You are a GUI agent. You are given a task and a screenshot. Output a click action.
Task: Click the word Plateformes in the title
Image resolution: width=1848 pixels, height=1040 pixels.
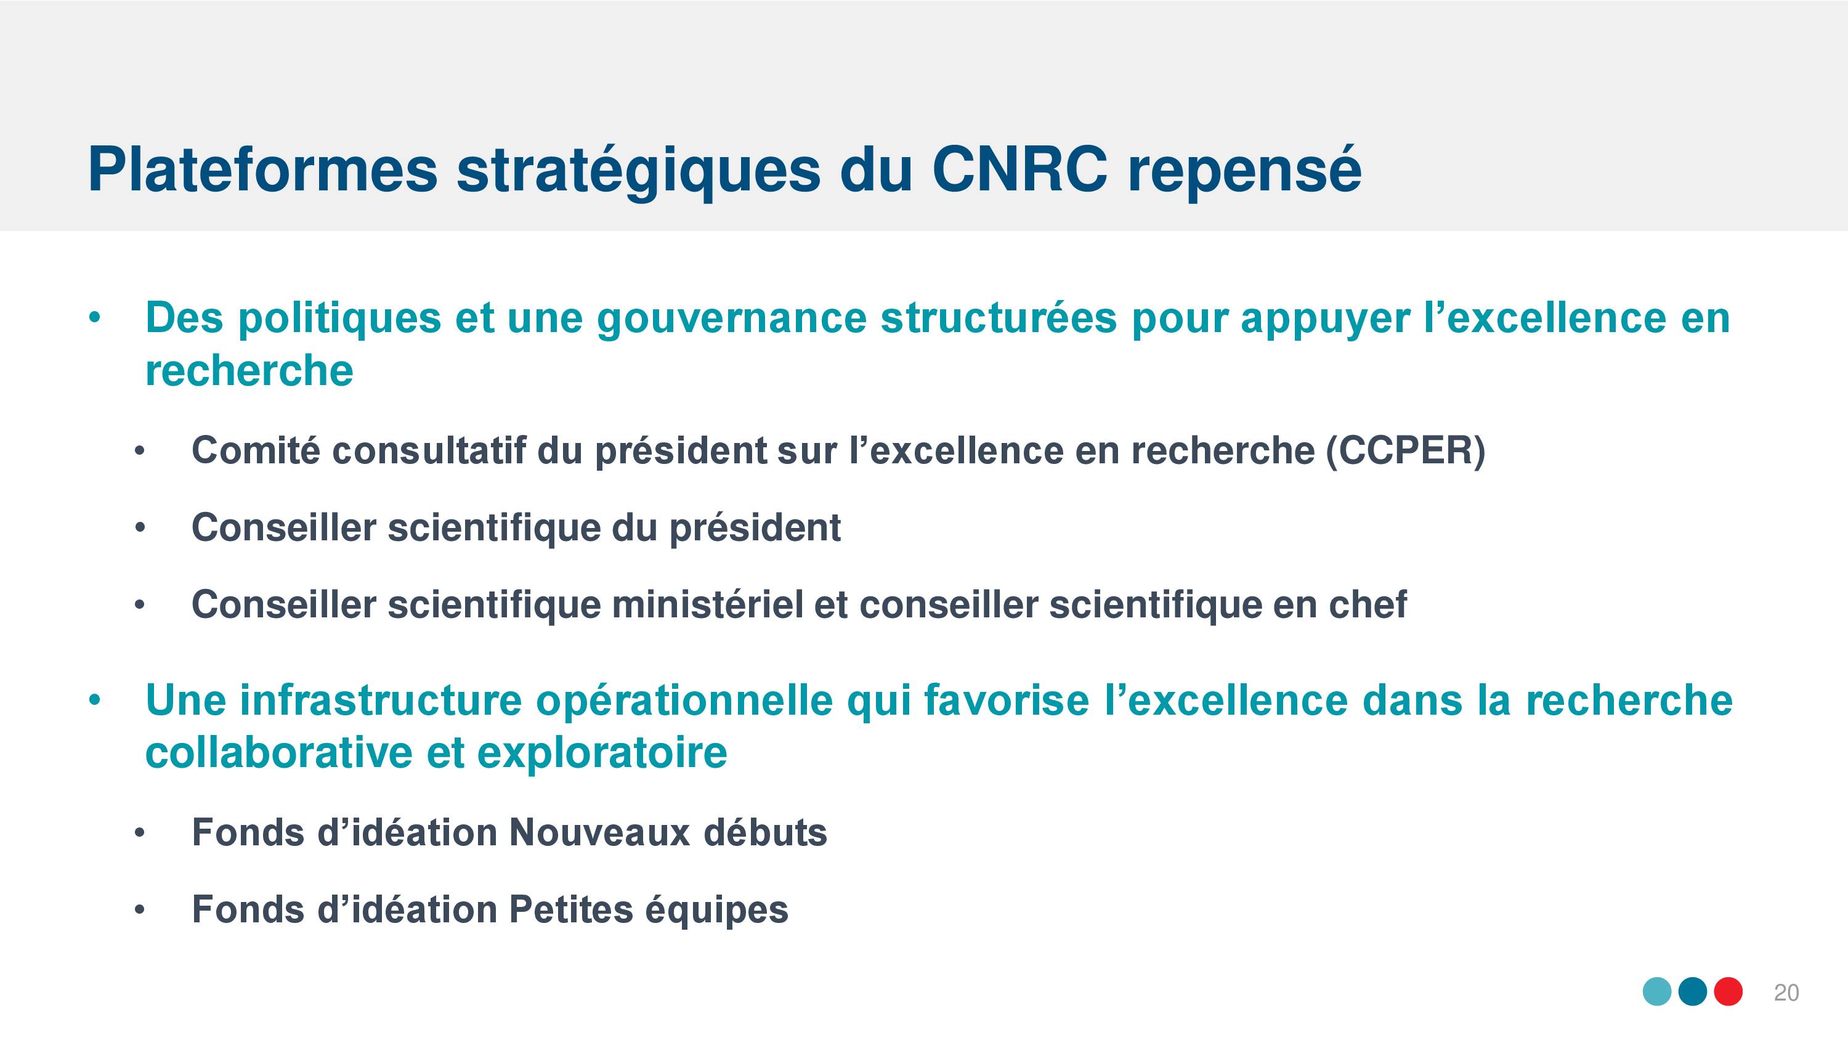(x=262, y=169)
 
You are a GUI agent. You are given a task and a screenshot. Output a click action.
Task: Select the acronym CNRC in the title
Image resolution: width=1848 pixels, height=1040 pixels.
(x=1019, y=169)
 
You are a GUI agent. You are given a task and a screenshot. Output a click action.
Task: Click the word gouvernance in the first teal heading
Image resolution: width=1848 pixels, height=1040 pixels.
(x=732, y=319)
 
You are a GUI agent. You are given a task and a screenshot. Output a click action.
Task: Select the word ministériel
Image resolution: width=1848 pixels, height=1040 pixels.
(x=707, y=604)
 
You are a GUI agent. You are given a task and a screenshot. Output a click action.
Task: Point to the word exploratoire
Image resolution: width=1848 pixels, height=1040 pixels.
(x=602, y=754)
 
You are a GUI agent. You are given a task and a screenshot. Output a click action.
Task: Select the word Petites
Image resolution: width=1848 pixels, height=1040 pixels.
(x=570, y=909)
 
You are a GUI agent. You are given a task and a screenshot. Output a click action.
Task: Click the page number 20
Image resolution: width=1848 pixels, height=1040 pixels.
(x=1786, y=993)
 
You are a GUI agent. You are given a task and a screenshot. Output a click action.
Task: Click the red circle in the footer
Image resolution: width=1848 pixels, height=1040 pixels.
(x=1728, y=992)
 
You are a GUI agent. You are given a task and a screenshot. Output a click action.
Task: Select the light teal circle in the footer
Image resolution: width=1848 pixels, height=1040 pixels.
(x=1657, y=992)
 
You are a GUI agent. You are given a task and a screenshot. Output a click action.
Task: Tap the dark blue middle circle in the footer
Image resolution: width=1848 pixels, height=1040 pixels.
(x=1693, y=992)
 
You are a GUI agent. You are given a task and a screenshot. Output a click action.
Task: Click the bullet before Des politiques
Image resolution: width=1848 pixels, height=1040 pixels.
(x=95, y=318)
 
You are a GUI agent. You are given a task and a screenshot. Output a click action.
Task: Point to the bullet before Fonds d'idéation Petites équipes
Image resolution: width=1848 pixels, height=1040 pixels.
(x=140, y=910)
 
